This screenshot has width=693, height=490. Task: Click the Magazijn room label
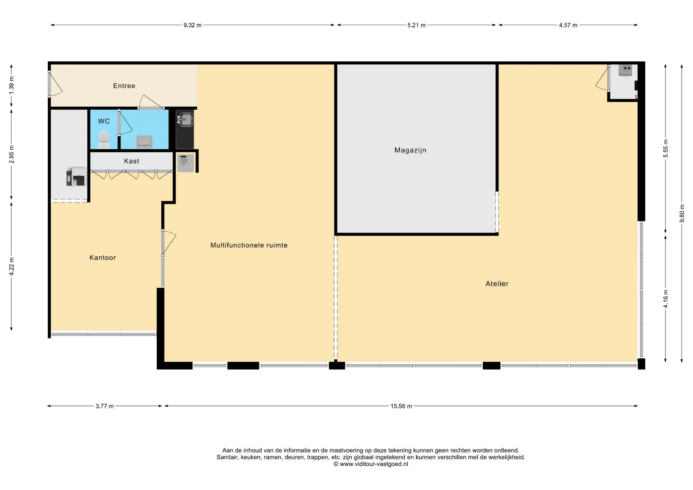click(x=410, y=150)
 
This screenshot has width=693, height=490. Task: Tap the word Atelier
click(x=497, y=284)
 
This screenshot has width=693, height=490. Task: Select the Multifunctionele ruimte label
click(x=249, y=245)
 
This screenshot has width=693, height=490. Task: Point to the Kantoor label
click(x=103, y=258)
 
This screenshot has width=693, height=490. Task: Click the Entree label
click(x=124, y=86)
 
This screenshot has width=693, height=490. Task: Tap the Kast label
click(x=131, y=161)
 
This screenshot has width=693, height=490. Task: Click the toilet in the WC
click(x=104, y=139)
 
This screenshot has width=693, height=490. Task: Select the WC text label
click(x=104, y=121)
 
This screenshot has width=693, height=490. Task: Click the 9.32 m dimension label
click(x=192, y=25)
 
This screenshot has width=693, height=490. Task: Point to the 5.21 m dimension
click(x=417, y=25)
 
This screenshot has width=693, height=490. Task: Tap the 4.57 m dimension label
click(x=568, y=25)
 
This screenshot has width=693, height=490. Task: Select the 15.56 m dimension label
click(x=401, y=406)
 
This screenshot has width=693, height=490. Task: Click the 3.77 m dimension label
click(x=105, y=406)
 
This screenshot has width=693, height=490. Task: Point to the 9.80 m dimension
click(x=682, y=214)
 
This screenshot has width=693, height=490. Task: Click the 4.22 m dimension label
click(x=12, y=267)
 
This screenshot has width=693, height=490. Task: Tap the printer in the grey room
click(x=77, y=176)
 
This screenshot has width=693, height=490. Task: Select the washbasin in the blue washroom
click(x=144, y=141)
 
